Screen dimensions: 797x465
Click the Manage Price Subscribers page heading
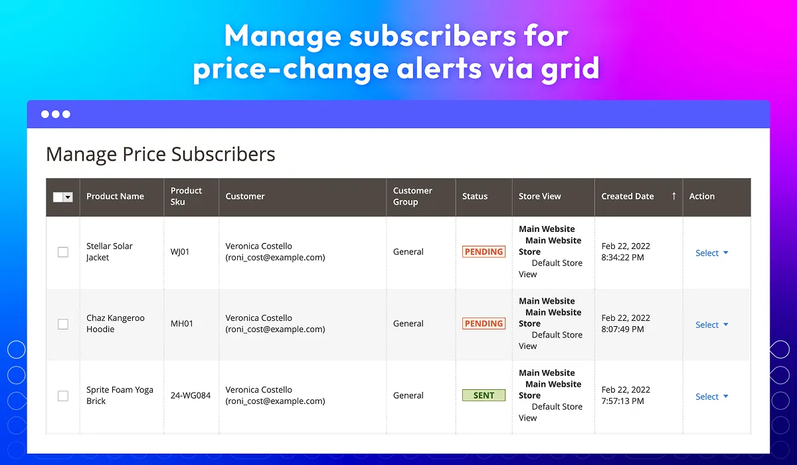161,154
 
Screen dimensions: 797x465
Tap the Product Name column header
115,197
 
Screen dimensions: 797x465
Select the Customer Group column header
412,197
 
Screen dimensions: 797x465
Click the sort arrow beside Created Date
673,196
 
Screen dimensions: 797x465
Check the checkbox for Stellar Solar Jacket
63,252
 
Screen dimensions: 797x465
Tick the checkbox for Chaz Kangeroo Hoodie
63,324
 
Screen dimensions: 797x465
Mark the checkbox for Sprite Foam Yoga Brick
63,396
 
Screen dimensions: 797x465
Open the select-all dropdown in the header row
68,197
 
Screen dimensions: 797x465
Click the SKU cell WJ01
180,252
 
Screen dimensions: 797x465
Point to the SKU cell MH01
181,324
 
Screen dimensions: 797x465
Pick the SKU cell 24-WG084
191,396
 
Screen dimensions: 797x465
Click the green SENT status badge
484,395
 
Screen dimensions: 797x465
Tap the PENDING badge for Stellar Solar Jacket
484,252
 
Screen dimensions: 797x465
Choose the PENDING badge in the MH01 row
484,324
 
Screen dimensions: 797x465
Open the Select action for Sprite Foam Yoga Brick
711,397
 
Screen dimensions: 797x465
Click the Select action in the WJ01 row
711,253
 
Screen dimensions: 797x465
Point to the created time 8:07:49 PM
622,329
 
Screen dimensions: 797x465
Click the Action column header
701,197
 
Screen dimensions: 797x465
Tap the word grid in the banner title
571,68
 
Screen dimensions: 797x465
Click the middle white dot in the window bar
56,114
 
